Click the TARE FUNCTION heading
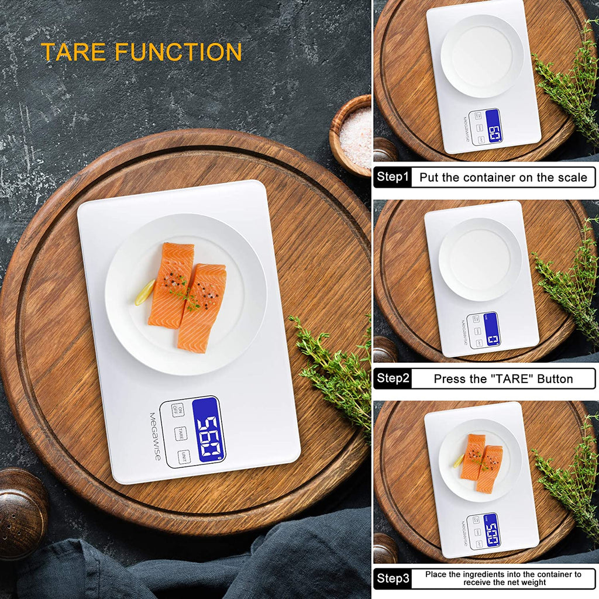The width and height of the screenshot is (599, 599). (x=141, y=52)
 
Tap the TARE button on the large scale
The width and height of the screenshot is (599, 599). (x=181, y=433)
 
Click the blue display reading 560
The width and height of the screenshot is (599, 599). (x=209, y=430)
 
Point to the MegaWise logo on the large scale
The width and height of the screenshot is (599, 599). (x=154, y=436)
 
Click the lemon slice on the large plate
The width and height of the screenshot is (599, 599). (x=145, y=292)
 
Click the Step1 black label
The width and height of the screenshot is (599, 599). (x=393, y=177)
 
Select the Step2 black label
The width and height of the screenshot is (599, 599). (x=393, y=378)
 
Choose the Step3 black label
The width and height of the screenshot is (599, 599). (x=393, y=579)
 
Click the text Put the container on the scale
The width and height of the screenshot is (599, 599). (x=503, y=177)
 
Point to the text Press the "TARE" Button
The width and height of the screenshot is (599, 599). (x=503, y=378)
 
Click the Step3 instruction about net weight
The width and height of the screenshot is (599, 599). (x=503, y=579)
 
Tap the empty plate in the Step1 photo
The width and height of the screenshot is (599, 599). (x=481, y=56)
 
